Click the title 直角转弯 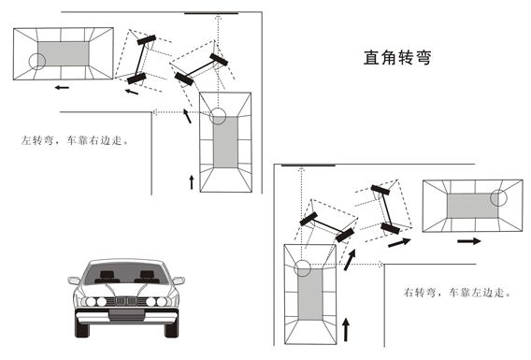pos(397,58)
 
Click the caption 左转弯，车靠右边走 pos(75,140)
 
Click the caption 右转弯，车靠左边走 pos(457,292)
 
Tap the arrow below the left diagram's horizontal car pos(62,87)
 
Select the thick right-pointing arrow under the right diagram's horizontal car pos(469,241)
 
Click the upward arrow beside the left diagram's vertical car pos(192,182)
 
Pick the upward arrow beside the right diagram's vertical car pos(346,329)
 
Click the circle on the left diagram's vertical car pos(218,116)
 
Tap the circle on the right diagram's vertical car pos(302,267)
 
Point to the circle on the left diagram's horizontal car pos(37,62)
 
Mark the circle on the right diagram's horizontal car pos(498,198)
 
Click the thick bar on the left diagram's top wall pos(211,13)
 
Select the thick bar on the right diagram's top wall pos(309,166)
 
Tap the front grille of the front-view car pos(126,301)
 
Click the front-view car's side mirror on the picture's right pos(179,281)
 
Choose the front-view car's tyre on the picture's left pos(81,328)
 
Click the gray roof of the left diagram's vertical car pos(225,142)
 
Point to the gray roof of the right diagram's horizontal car pos(472,207)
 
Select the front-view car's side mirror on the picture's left pos(74,281)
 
